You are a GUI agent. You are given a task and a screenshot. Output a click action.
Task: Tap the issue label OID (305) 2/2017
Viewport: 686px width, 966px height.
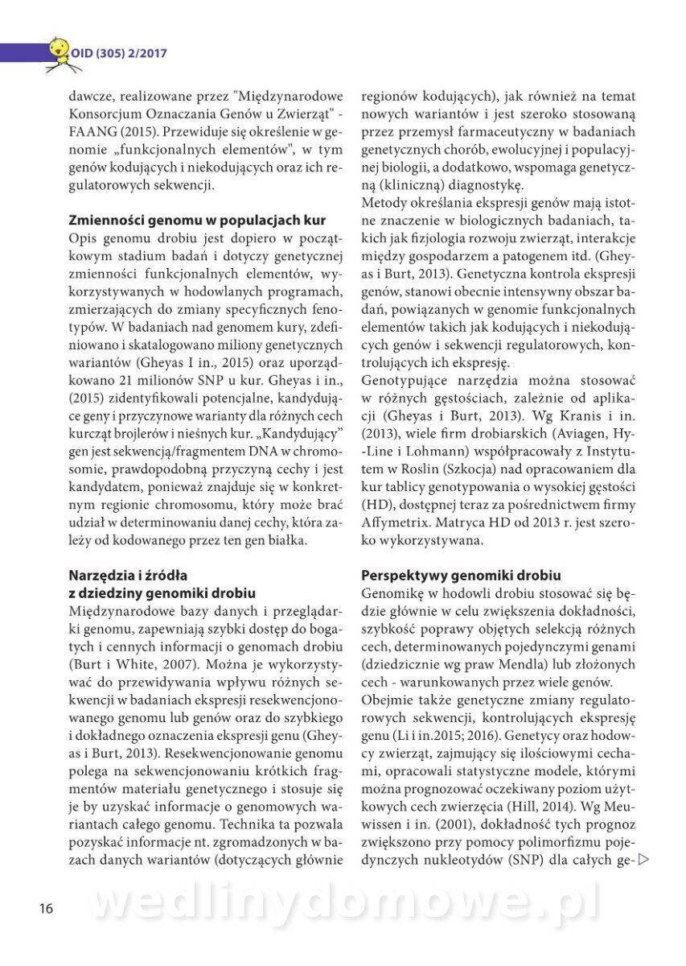[119, 53]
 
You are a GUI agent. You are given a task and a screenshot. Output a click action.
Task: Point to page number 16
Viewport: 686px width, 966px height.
[46, 909]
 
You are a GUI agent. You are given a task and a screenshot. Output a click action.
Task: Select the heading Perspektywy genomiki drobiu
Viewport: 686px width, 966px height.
[461, 575]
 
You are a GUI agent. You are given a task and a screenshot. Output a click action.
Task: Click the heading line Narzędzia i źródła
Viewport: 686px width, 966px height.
[128, 575]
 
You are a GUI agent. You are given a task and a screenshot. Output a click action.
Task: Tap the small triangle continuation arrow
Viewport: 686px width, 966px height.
[643, 860]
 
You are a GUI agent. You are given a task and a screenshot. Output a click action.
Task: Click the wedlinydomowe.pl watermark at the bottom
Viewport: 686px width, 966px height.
[346, 903]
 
